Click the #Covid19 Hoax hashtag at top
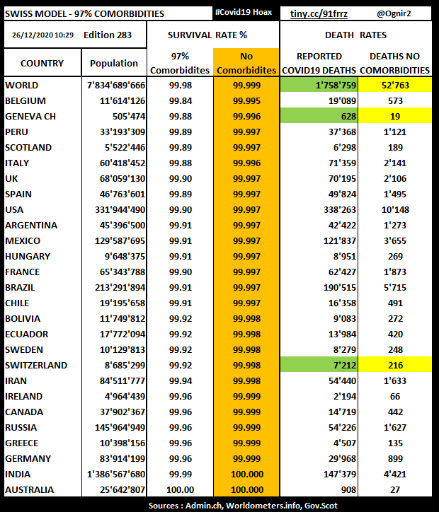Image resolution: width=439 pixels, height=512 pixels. [243, 13]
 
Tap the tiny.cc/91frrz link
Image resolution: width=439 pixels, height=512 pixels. [319, 13]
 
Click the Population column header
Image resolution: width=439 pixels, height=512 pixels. [114, 63]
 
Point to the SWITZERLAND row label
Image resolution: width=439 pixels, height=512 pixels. [36, 365]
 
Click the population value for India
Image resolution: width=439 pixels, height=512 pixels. [113, 474]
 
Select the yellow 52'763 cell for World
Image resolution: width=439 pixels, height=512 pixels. [394, 85]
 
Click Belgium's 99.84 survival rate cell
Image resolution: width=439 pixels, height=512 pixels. [180, 100]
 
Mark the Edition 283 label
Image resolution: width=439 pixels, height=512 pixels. [108, 35]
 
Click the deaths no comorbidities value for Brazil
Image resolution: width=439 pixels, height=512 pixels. [394, 287]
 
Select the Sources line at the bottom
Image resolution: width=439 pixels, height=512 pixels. [219, 506]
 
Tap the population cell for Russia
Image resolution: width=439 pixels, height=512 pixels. [113, 427]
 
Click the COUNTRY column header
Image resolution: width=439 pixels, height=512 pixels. [42, 63]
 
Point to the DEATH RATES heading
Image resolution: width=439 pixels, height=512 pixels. [355, 35]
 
